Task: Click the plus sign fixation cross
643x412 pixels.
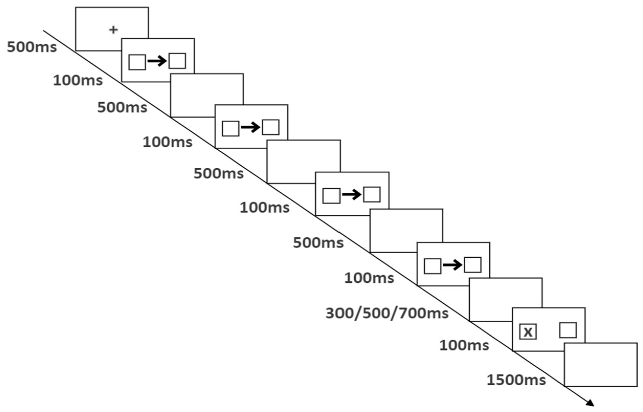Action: pyautogui.click(x=113, y=30)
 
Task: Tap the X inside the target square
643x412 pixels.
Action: pyautogui.click(x=528, y=332)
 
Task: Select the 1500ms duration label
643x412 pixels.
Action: pyautogui.click(x=516, y=380)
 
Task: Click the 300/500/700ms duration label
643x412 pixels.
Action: pyautogui.click(x=387, y=313)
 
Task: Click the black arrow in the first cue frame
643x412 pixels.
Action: pyautogui.click(x=157, y=62)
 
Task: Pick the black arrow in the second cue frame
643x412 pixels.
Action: pyautogui.click(x=251, y=128)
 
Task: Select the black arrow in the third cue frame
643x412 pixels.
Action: pyautogui.click(x=352, y=195)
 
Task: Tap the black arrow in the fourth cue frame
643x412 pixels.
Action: pyautogui.click(x=453, y=265)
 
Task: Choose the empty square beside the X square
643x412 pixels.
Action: pyautogui.click(x=568, y=330)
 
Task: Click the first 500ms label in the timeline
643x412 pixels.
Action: pyautogui.click(x=32, y=47)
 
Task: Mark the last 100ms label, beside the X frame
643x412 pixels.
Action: pyautogui.click(x=464, y=345)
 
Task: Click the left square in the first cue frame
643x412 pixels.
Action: pyautogui.click(x=137, y=62)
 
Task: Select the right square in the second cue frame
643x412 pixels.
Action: pyautogui.click(x=270, y=127)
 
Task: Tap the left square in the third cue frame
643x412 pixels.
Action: pyautogui.click(x=331, y=196)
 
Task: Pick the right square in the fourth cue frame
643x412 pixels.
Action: pyautogui.click(x=472, y=265)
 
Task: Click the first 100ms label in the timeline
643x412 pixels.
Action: pyautogui.click(x=78, y=80)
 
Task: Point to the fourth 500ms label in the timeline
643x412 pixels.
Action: pyautogui.click(x=318, y=243)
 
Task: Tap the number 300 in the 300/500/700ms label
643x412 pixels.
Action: pyautogui.click(x=340, y=313)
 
